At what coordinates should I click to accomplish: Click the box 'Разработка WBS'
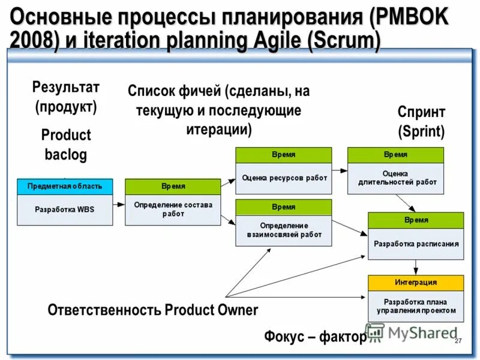(x=65, y=209)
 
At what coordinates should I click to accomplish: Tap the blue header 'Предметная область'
(x=65, y=186)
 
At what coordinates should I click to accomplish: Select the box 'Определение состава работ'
(x=173, y=209)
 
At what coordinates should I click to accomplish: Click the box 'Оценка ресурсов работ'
(x=284, y=178)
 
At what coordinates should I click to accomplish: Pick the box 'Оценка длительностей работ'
(x=396, y=178)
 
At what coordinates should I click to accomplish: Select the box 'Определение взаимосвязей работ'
(x=284, y=230)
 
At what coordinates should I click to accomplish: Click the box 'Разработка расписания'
(x=416, y=244)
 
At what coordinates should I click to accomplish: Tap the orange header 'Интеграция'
(x=416, y=282)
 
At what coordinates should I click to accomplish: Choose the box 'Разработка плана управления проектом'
(x=416, y=306)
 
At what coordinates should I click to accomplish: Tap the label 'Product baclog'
(x=66, y=145)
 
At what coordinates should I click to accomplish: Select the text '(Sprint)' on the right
(x=421, y=131)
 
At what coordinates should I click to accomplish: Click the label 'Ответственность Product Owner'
(x=152, y=310)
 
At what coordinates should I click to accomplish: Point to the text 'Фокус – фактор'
(x=315, y=337)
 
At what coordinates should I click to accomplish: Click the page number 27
(x=458, y=341)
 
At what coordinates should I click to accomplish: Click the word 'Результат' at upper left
(x=66, y=88)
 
